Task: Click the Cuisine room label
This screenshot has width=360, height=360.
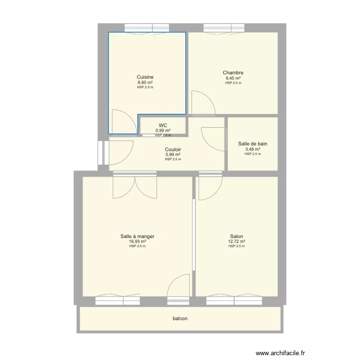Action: [x=145, y=77]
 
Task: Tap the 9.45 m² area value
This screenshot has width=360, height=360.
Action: [x=233, y=78]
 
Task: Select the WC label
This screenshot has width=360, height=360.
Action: [x=163, y=125]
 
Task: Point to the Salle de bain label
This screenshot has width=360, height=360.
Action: [x=252, y=144]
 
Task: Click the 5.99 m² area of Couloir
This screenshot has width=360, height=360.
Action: [x=173, y=155]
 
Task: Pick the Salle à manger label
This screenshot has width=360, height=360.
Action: [x=137, y=236]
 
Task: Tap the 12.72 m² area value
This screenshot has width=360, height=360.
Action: [x=237, y=241]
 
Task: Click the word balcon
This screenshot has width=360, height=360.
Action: [x=180, y=319]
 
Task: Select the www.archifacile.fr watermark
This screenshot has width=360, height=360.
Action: [x=280, y=353]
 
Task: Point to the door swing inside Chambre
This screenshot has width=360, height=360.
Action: [x=201, y=103]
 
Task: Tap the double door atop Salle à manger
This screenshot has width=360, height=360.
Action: [x=135, y=187]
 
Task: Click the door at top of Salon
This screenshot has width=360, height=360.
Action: [x=210, y=187]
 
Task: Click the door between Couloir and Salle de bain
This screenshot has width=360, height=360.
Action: [x=214, y=138]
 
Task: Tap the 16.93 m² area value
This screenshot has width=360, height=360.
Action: [x=137, y=241]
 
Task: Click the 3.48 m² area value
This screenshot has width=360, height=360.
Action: [x=252, y=149]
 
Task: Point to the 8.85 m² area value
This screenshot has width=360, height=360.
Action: [x=145, y=83]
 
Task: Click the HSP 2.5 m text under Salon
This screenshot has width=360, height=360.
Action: [x=237, y=246]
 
